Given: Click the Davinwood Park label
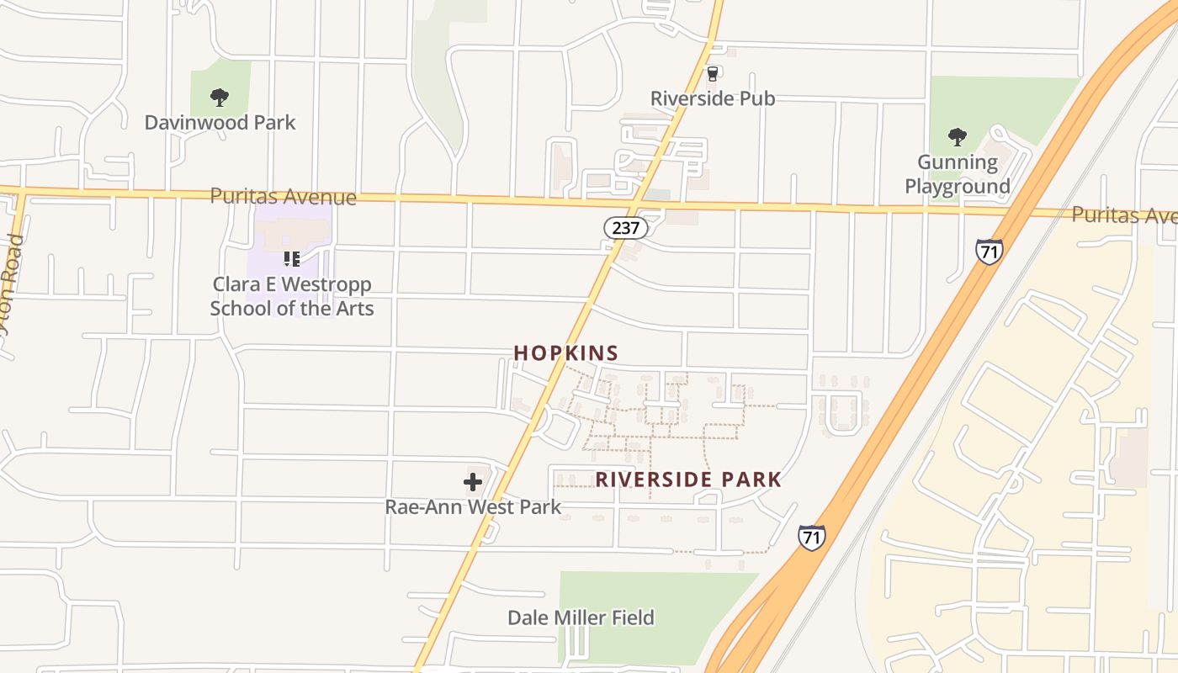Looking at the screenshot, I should click(x=220, y=123).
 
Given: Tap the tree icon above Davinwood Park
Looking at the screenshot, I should click(x=220, y=98).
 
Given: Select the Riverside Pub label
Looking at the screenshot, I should click(x=713, y=98).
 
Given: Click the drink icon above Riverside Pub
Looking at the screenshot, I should click(x=713, y=74).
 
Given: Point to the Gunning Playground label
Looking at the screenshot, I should click(x=958, y=174).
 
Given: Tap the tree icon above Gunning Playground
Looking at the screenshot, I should click(x=957, y=136).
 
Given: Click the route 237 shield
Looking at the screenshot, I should click(x=626, y=227).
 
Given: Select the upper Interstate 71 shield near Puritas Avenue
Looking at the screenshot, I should click(x=989, y=252).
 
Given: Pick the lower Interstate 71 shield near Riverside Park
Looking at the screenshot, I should click(x=811, y=538).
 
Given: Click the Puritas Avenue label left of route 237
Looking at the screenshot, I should click(x=283, y=197).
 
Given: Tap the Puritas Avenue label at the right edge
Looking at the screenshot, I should click(x=1123, y=215).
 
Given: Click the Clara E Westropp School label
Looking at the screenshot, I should click(x=291, y=296).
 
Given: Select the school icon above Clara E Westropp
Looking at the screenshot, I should click(x=291, y=258).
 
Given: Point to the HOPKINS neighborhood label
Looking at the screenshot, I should click(x=566, y=353).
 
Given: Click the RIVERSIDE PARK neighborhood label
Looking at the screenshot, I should click(x=688, y=480).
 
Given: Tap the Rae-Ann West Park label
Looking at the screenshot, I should click(x=473, y=507).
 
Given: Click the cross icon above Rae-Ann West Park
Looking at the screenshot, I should click(x=473, y=482).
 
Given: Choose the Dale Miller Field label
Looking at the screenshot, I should click(x=581, y=618).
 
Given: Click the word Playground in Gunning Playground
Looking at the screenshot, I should click(x=958, y=186).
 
